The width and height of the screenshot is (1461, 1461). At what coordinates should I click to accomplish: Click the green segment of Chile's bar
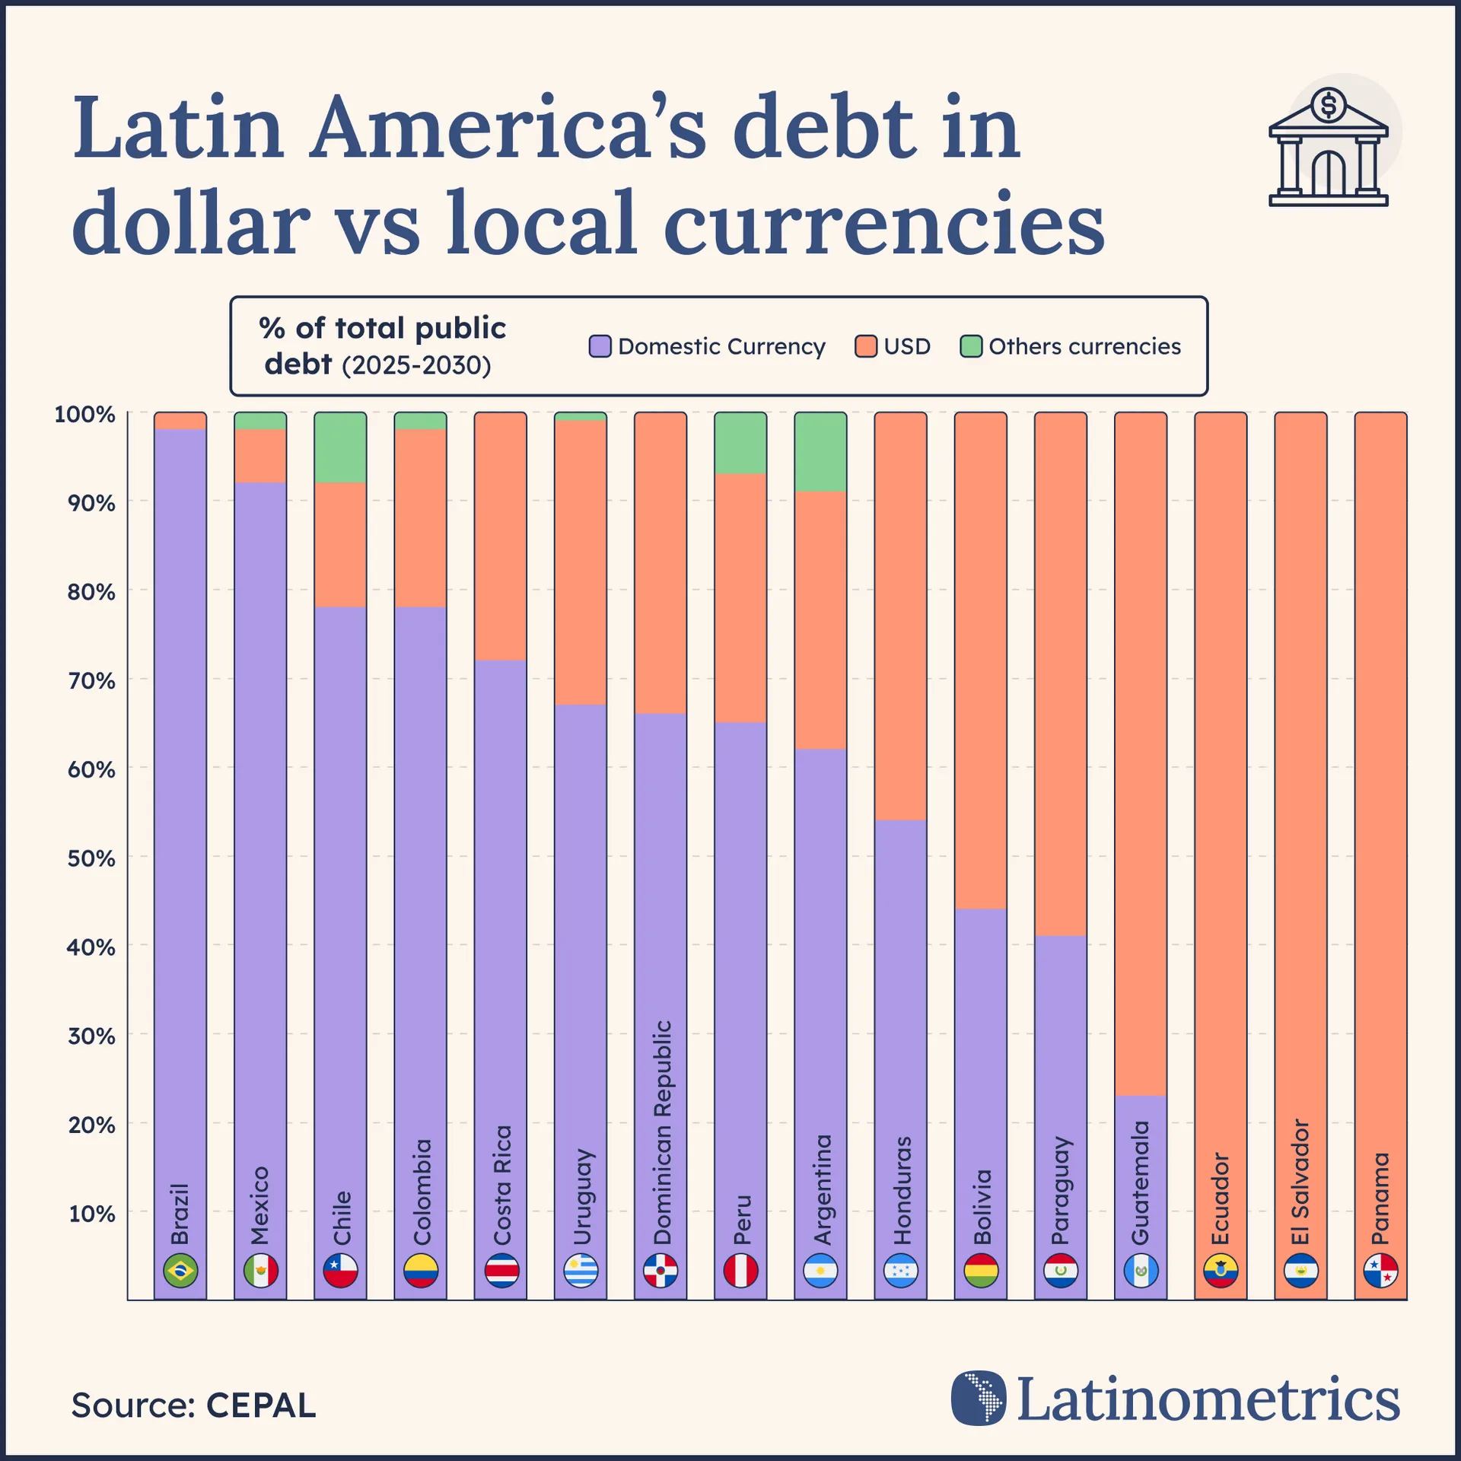340,447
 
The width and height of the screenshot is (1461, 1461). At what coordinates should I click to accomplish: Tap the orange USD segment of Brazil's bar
180,421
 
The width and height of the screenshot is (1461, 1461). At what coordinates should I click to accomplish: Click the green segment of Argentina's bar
820,452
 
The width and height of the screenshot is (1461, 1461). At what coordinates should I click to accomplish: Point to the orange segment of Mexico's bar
260,456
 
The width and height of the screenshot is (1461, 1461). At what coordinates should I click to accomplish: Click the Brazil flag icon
180,1270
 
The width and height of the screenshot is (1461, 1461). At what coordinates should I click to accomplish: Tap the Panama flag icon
1380,1270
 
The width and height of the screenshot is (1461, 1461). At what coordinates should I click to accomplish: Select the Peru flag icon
740,1270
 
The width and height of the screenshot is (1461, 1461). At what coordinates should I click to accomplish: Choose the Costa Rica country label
501,1185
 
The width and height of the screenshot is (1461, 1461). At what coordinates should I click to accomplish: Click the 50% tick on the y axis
91,858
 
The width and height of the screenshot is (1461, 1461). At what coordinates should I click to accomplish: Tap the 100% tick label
84,415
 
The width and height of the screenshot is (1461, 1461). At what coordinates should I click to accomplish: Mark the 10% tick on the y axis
91,1214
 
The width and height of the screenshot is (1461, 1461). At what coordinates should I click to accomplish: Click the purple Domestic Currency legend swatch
600,346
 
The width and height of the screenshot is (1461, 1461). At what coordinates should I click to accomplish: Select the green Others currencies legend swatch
971,346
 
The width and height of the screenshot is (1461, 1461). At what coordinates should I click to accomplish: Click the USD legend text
907,346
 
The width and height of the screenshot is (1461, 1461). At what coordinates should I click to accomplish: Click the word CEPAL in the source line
260,1405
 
